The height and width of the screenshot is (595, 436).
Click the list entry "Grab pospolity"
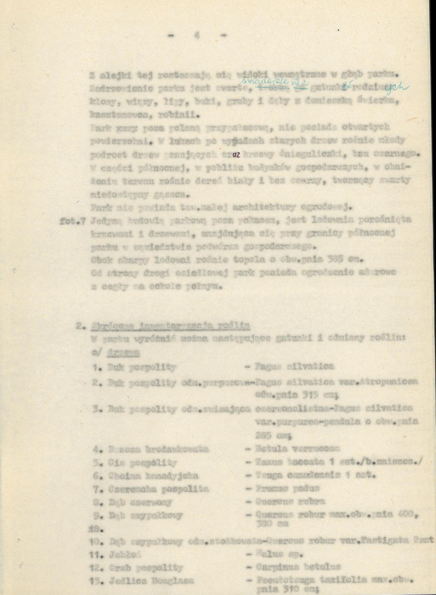point(138,567)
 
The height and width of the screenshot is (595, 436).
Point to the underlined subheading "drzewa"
point(128,352)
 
